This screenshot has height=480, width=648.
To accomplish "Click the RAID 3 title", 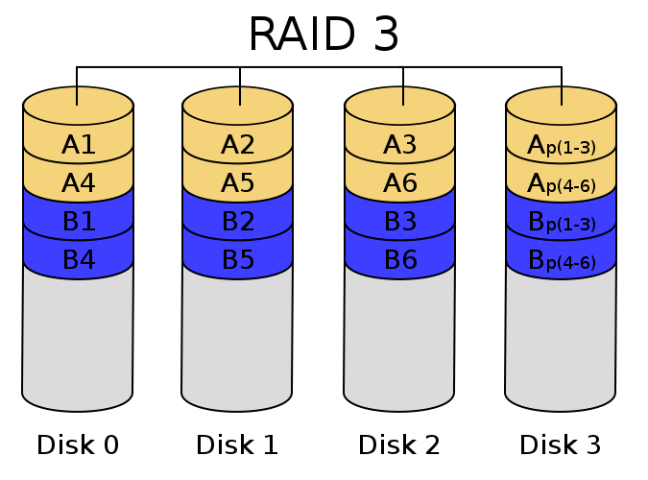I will [x=324, y=35].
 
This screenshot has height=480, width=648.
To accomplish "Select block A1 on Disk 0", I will [x=78, y=145].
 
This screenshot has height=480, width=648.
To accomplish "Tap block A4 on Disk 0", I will [x=78, y=183].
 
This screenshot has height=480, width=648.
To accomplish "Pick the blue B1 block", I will [x=78, y=222].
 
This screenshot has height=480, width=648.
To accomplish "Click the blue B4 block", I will [x=78, y=260].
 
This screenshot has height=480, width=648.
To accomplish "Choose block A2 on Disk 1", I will [x=237, y=145].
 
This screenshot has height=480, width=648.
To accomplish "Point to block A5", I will [x=237, y=183].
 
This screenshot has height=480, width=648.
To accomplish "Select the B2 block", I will [x=237, y=222].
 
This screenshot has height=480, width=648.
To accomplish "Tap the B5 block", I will [x=237, y=260].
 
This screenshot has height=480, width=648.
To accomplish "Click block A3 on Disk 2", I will [x=399, y=145].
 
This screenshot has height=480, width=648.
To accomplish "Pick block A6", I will [x=399, y=183].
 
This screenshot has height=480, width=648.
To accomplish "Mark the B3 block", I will [x=399, y=222].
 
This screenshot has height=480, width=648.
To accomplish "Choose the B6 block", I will [x=399, y=260].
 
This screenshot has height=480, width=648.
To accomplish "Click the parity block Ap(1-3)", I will [x=562, y=146].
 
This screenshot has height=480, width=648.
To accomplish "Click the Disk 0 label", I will [x=78, y=445].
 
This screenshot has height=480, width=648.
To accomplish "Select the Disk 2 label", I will [x=399, y=445].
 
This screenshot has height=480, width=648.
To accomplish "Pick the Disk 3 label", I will [x=561, y=445].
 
